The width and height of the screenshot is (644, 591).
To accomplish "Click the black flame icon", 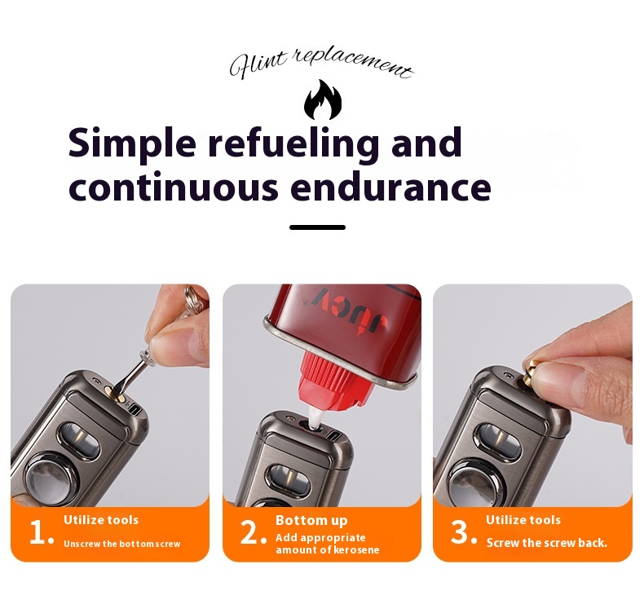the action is pyautogui.click(x=323, y=99).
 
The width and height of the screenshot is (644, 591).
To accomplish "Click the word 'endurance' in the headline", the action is pyautogui.click(x=390, y=187).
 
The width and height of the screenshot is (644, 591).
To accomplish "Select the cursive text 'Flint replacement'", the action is pyautogui.click(x=321, y=64).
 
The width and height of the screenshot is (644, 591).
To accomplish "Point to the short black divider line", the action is pyautogui.click(x=317, y=227).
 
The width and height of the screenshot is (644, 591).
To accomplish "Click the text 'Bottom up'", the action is pyautogui.click(x=311, y=520).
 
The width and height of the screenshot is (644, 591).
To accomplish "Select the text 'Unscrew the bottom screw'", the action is pyautogui.click(x=122, y=544).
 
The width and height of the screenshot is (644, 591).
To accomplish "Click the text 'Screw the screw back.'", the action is pyautogui.click(x=547, y=543).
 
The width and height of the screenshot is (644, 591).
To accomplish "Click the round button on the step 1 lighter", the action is pyautogui.click(x=52, y=478).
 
